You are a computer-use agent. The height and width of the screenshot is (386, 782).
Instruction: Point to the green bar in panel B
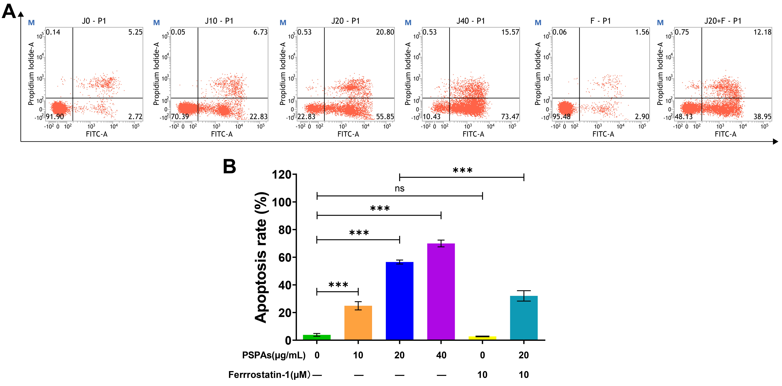(x=317, y=337)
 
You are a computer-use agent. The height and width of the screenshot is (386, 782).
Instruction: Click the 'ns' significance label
(x=399, y=188)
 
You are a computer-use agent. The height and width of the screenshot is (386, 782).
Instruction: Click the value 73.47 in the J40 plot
(x=510, y=117)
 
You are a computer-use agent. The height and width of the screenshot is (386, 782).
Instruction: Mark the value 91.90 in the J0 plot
(x=55, y=117)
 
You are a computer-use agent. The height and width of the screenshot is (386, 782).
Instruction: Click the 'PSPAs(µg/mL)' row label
(x=274, y=355)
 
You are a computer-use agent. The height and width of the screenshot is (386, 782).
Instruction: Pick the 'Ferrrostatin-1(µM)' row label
(x=269, y=375)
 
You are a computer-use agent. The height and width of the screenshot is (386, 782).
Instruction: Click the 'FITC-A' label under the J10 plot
(x=222, y=134)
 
